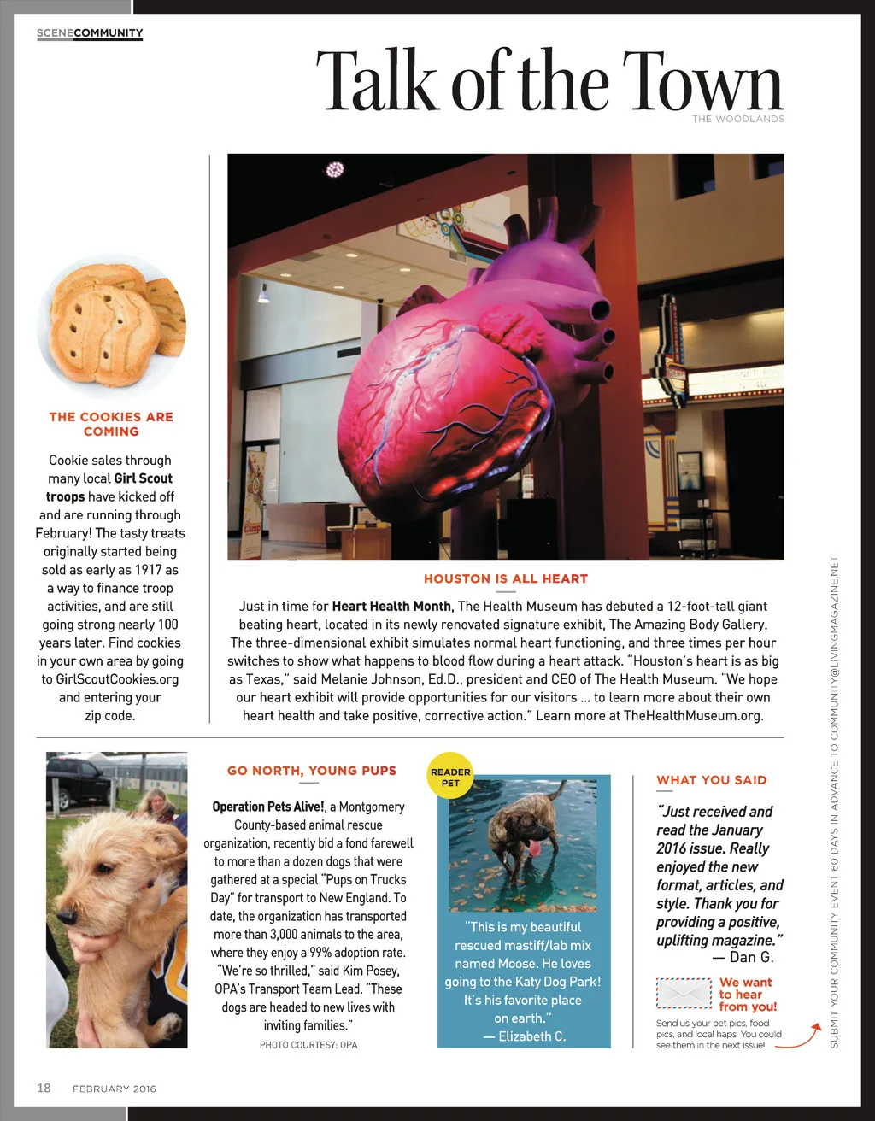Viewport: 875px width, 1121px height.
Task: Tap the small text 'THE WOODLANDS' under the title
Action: point(737,119)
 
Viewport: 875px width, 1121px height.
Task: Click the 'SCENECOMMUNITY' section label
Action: point(90,33)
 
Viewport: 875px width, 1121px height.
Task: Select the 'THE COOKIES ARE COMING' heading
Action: point(111,424)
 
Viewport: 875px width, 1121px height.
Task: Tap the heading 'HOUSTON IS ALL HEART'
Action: point(506,578)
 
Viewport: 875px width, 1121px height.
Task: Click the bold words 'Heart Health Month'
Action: point(391,606)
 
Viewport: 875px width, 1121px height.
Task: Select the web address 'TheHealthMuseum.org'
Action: point(692,715)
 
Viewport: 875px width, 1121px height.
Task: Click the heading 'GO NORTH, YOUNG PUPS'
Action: point(312,771)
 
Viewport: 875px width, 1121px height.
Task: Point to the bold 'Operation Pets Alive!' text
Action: point(268,807)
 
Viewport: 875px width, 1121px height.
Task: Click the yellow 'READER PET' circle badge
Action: point(450,776)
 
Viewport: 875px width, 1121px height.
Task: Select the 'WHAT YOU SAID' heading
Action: point(711,780)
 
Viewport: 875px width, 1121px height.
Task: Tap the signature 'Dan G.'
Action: point(751,957)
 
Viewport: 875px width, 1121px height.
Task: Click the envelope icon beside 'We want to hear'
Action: point(684,994)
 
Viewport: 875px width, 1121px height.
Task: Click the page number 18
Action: point(44,1088)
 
